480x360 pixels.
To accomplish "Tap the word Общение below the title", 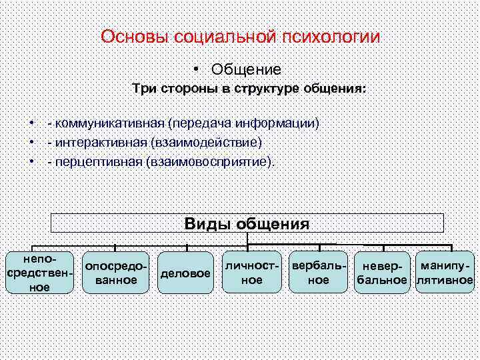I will [246, 69].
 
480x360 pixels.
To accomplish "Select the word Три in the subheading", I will [143, 89].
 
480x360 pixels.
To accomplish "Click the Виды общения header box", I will [247, 223].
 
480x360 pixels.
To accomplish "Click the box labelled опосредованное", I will [116, 273].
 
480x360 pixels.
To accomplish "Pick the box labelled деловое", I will [184, 273].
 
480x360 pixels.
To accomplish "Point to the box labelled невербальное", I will [381, 273].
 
